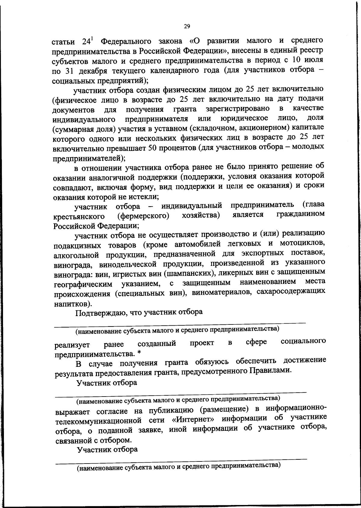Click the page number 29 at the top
pyautogui.click(x=187, y=26)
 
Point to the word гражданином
pyautogui.click(x=301, y=214)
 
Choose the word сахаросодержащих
pyautogui.click(x=291, y=291)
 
